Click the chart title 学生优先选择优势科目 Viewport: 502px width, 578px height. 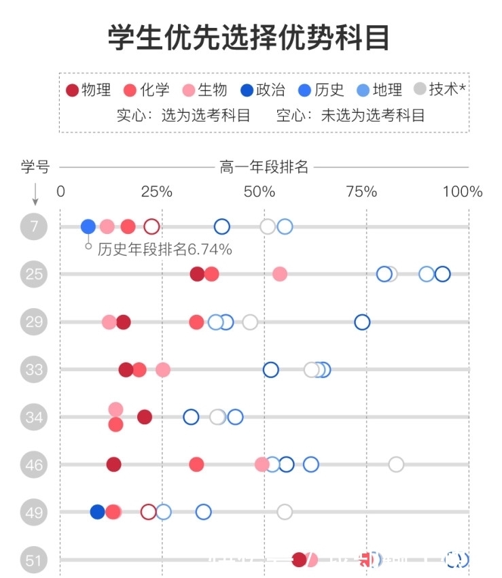249,37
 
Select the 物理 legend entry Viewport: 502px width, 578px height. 88,90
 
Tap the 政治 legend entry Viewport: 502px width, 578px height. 262,90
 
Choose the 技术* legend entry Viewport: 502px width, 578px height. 440,90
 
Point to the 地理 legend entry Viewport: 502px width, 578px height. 380,90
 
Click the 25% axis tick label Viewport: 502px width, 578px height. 156,192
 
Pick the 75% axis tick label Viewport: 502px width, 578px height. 361,192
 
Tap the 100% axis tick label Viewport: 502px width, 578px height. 462,192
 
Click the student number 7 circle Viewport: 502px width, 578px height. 35,226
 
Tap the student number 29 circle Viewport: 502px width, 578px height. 35,322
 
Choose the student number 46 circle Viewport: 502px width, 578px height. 35,464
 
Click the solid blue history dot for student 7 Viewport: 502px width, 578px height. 88,226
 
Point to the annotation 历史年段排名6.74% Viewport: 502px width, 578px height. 164,250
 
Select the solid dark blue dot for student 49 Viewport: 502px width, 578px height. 98,512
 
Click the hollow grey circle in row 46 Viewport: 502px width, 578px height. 396,464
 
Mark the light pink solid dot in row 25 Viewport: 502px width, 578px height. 279,274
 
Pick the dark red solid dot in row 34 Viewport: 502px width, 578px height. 145,417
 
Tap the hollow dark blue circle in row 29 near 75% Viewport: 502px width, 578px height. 362,322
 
